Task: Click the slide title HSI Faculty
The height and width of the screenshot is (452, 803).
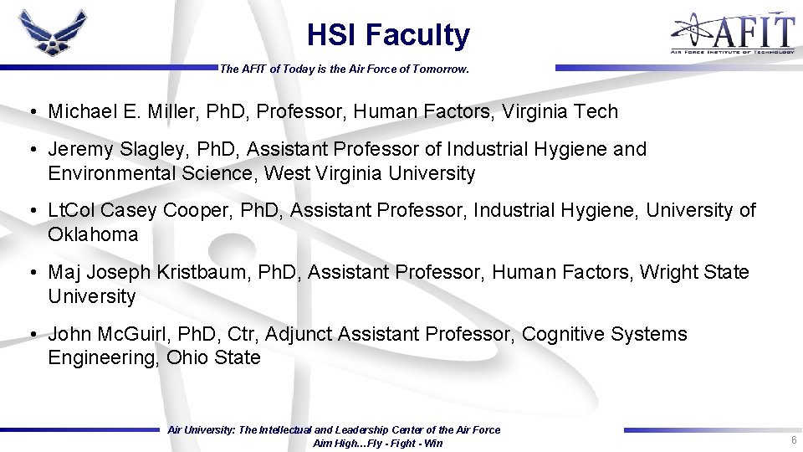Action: tap(388, 35)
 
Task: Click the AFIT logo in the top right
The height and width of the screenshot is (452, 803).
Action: tap(732, 33)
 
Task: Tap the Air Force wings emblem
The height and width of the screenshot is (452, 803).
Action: tap(53, 33)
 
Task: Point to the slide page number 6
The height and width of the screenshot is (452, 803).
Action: tap(792, 440)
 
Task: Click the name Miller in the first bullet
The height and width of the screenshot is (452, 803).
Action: tap(177, 111)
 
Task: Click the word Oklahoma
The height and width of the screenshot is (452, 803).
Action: tap(93, 234)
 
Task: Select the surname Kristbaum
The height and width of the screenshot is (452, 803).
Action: tap(189, 273)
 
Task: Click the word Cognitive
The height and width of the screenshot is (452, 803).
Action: tap(563, 334)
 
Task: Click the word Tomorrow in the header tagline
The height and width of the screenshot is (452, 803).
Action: tap(439, 69)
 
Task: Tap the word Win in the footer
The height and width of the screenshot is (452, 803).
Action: tap(433, 444)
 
